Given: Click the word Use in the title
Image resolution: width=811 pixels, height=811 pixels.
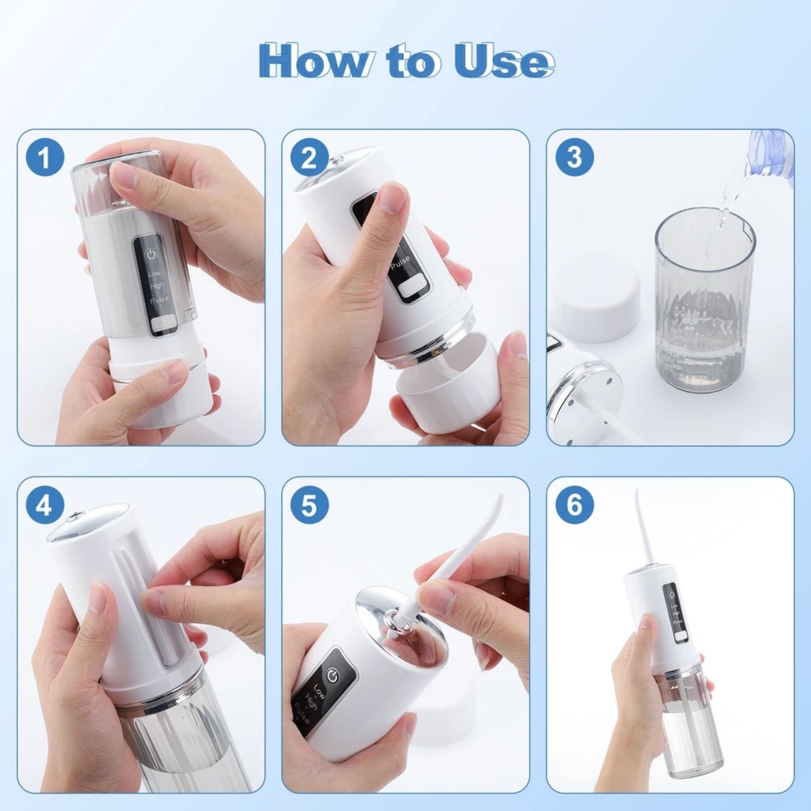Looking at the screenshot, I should click(x=503, y=61).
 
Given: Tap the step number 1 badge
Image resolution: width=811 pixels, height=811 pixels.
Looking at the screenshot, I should click(x=45, y=157).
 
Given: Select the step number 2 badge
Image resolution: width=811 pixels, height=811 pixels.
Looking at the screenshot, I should click(x=309, y=157).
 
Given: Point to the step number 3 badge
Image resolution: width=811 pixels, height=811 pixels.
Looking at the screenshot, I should click(x=574, y=157).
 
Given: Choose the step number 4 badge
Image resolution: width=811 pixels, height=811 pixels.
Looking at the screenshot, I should click(x=45, y=505).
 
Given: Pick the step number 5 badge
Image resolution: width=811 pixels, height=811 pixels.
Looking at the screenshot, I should click(x=309, y=505).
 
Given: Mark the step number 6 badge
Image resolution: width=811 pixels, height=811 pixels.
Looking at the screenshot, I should click(x=574, y=505).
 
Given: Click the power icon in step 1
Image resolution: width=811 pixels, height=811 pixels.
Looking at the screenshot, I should click(x=150, y=254).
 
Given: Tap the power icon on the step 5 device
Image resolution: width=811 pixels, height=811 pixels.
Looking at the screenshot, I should click(x=333, y=676).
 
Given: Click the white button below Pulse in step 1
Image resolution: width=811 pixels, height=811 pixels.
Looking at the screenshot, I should click(x=163, y=324).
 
